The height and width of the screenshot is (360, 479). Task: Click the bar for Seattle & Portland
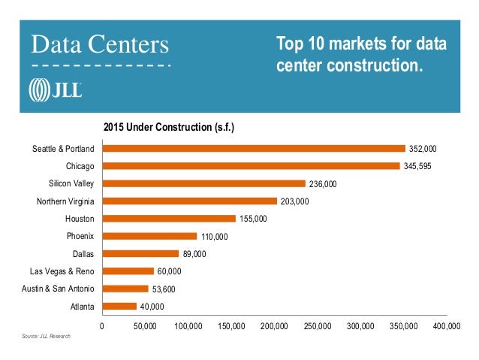pyautogui.click(x=253, y=149)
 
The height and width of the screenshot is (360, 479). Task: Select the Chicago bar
pyautogui.click(x=251, y=166)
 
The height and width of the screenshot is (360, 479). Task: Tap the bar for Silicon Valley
pyautogui.click(x=203, y=183)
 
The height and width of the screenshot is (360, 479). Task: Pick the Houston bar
pyautogui.click(x=169, y=219)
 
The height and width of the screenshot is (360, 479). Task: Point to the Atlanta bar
pyautogui.click(x=119, y=307)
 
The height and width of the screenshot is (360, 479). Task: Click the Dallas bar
pyautogui.click(x=140, y=254)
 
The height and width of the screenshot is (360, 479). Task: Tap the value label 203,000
pyautogui.click(x=295, y=201)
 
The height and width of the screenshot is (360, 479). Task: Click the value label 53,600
pyautogui.click(x=166, y=289)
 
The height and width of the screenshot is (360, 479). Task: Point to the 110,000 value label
pyautogui.click(x=214, y=237)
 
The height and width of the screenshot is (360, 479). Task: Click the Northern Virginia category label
pyautogui.click(x=65, y=201)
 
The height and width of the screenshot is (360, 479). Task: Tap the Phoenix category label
pyautogui.click(x=80, y=236)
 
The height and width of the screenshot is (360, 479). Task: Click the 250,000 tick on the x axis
pyautogui.click(x=318, y=327)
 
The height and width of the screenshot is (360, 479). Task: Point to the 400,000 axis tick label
pyautogui.click(x=447, y=327)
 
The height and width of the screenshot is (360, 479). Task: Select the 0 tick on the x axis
pyautogui.click(x=102, y=327)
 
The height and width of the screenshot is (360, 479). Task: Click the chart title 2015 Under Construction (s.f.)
pyautogui.click(x=168, y=127)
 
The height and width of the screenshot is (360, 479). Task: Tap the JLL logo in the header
pyautogui.click(x=55, y=90)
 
